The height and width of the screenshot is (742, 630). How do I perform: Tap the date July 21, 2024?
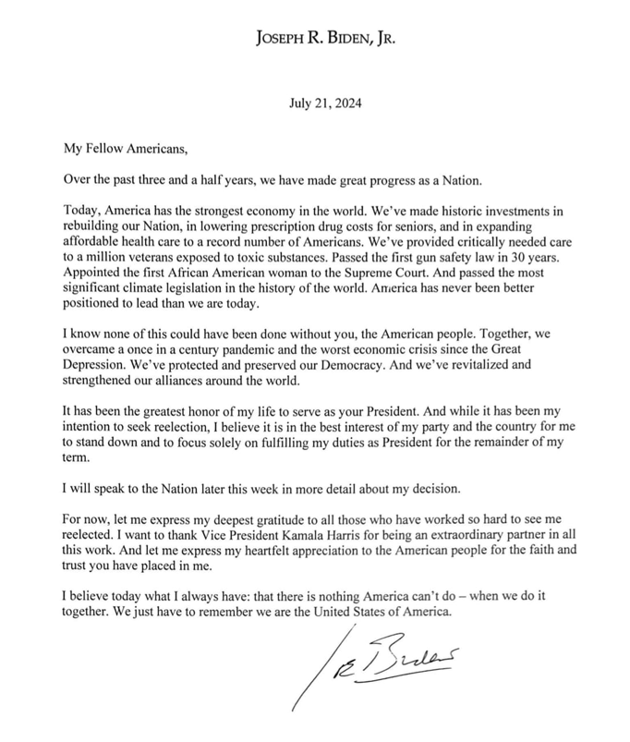315,103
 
